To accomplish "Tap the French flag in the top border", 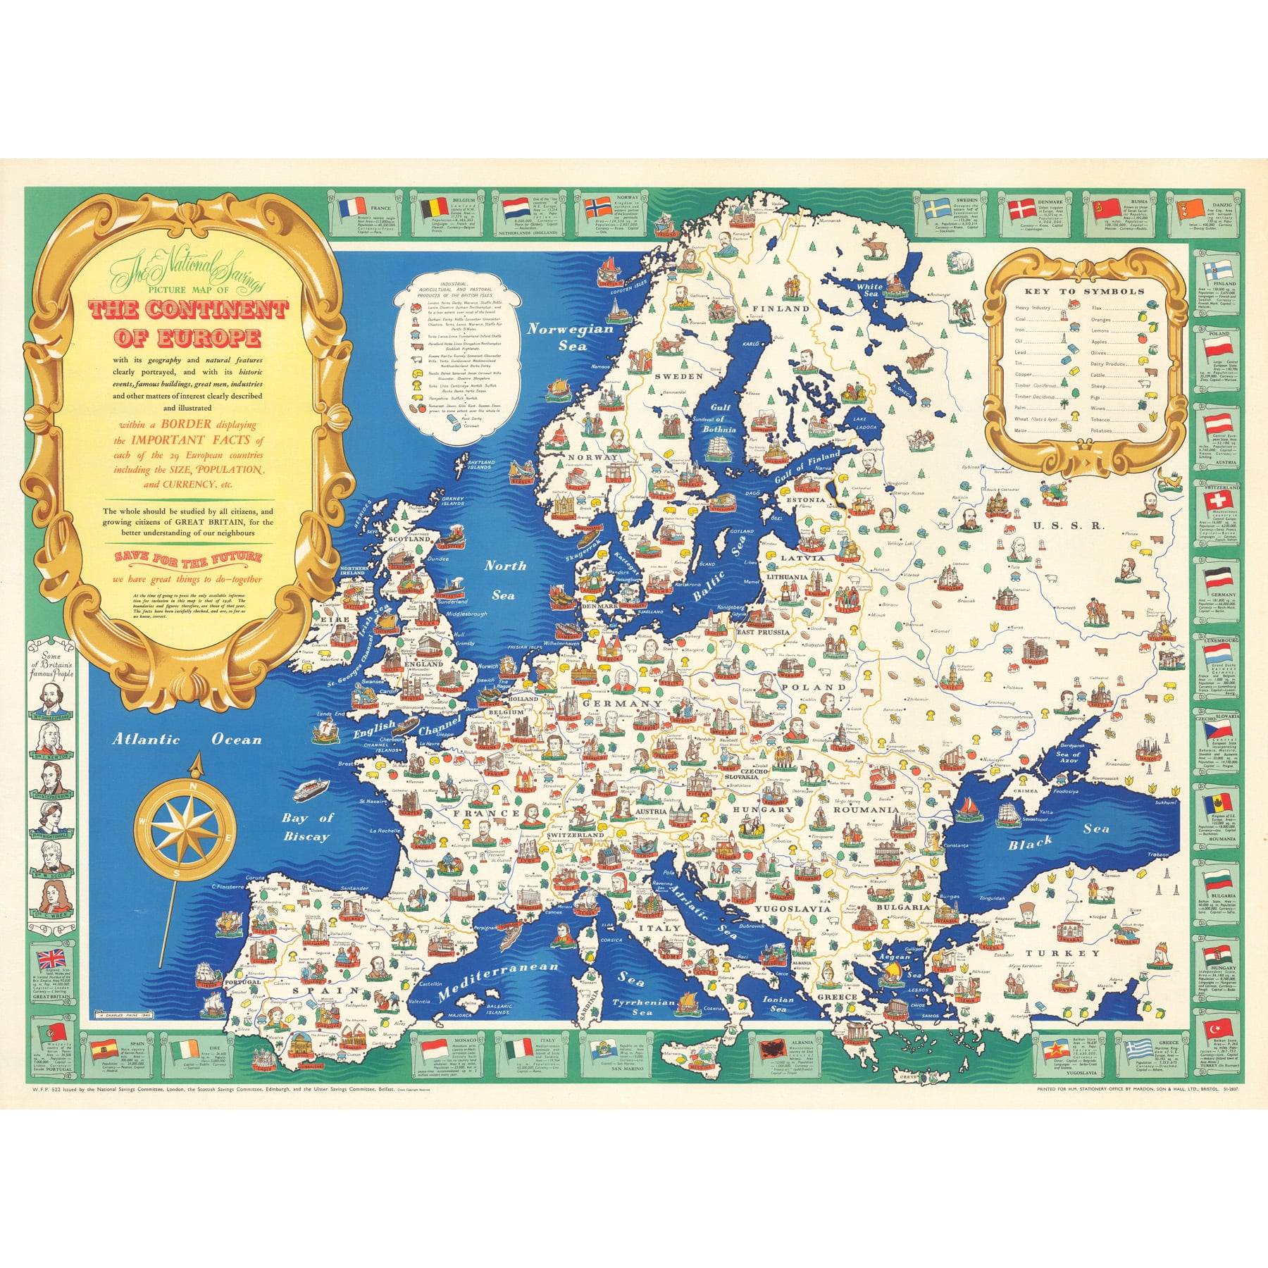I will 352,207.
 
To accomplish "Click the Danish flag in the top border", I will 1022,209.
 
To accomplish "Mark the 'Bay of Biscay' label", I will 306,827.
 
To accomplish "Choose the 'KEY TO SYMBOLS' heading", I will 1084,291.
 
